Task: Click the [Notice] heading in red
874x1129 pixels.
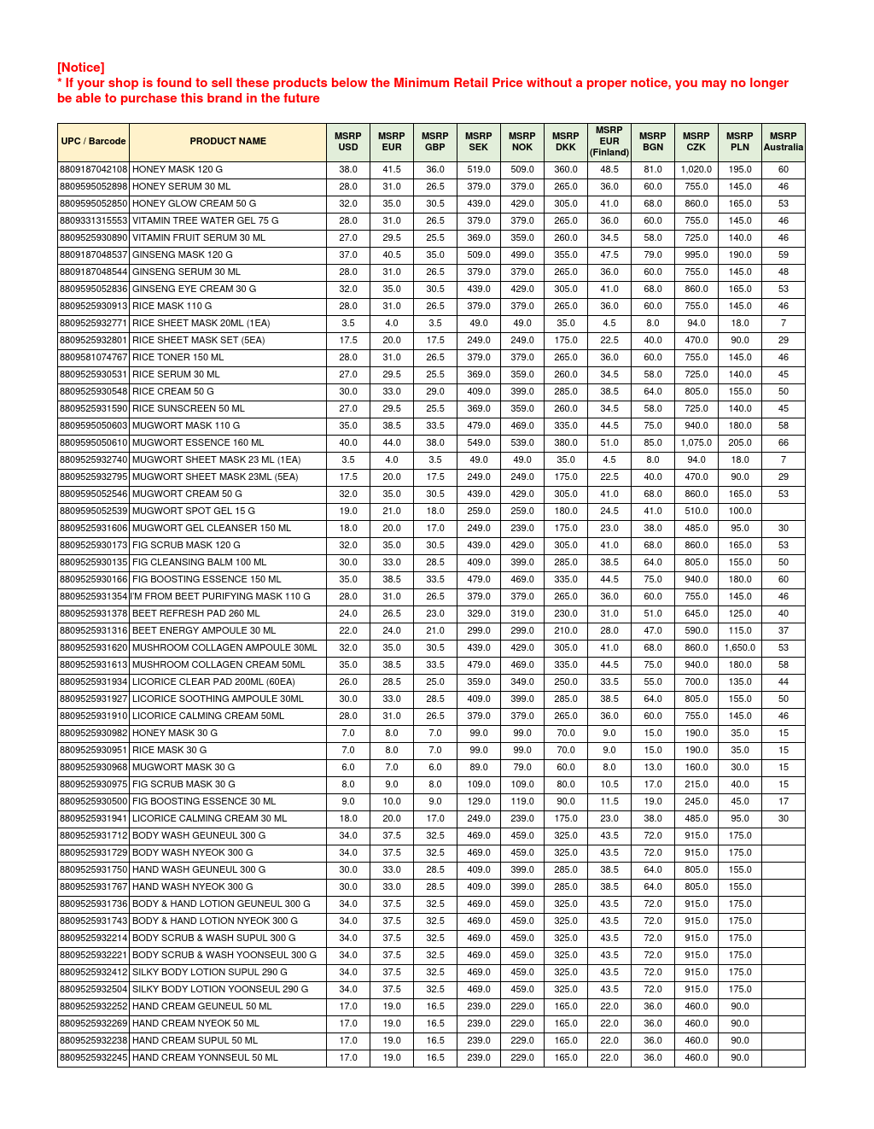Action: pyautogui.click(x=81, y=67)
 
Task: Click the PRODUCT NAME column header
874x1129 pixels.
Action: pyautogui.click(x=228, y=142)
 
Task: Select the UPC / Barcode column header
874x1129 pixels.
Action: pyautogui.click(x=93, y=142)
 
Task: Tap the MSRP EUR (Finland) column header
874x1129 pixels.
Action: pyautogui.click(x=609, y=142)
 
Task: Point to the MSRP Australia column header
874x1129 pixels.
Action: pyautogui.click(x=783, y=142)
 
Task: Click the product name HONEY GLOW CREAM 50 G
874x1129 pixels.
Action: pyautogui.click(x=194, y=204)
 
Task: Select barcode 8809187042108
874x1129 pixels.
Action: pyautogui.click(x=93, y=170)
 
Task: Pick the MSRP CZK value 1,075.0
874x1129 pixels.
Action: pyautogui.click(x=696, y=443)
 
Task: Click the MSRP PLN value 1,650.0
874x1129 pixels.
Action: pyautogui.click(x=740, y=648)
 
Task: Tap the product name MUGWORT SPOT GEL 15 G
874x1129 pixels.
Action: pyautogui.click(x=193, y=512)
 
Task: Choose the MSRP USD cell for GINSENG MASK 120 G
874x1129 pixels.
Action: pyautogui.click(x=348, y=255)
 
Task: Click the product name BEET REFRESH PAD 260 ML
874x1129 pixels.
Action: pyautogui.click(x=195, y=614)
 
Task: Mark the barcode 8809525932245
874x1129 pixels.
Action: pyautogui.click(x=93, y=1058)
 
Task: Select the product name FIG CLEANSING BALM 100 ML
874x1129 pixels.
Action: pyautogui.click(x=199, y=563)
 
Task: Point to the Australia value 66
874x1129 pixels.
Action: pyautogui.click(x=783, y=443)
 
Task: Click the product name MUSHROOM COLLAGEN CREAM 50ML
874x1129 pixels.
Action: pyautogui.click(x=218, y=665)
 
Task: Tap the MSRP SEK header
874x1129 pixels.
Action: pyautogui.click(x=478, y=142)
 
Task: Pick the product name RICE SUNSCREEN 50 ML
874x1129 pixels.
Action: pyautogui.click(x=188, y=409)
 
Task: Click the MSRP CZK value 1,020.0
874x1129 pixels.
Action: pyautogui.click(x=696, y=170)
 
